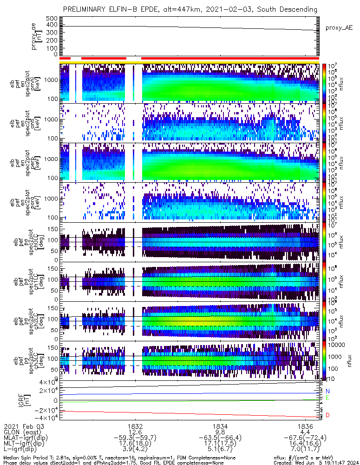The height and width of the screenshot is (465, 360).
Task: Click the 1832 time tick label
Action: pos(135,426)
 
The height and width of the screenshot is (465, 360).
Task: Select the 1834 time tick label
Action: pos(220,426)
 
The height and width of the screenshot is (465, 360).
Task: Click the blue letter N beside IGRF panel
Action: pos(327,391)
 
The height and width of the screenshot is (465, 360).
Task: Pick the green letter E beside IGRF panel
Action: pos(327,398)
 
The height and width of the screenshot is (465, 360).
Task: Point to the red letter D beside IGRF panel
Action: pos(327,415)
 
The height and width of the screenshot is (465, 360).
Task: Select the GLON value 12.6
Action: pos(135,432)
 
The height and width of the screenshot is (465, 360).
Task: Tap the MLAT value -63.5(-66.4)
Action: pos(220,438)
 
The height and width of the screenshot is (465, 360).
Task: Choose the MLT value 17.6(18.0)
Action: pos(135,444)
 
